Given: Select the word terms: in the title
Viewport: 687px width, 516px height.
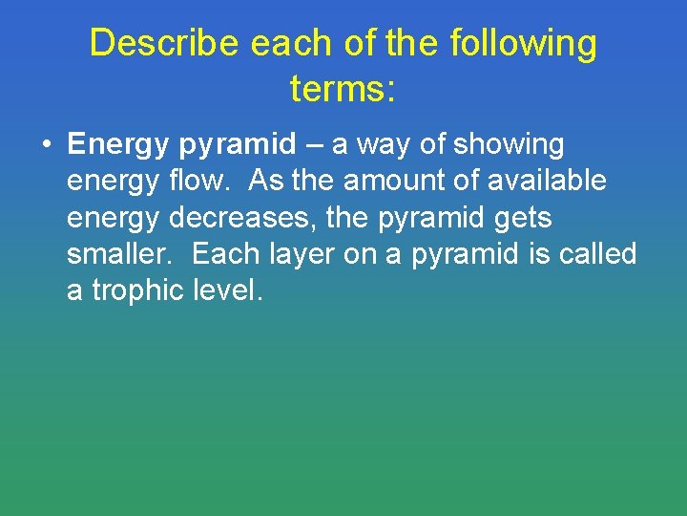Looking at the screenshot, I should [x=343, y=89].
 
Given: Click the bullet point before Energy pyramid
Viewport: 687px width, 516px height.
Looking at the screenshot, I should [x=46, y=146].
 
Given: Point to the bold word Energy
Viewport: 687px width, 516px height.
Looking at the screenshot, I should [x=117, y=145].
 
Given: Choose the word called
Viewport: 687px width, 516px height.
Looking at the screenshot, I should [x=597, y=254].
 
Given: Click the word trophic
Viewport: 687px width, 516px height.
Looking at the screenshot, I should [x=138, y=290].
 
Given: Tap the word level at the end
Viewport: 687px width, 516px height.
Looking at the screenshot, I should [x=226, y=290].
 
